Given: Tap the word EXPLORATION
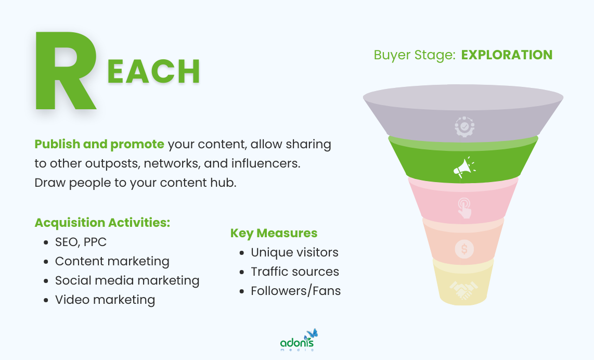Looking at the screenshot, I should (507, 55).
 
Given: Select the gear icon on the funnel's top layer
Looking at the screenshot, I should (464, 126).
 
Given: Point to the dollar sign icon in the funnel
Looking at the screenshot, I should (464, 249).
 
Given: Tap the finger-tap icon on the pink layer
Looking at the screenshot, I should (464, 208).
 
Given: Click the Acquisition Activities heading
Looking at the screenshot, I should (102, 223).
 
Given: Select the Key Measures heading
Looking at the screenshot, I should (274, 233).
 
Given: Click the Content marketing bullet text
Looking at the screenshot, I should (112, 261).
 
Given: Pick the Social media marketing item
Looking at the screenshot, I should (127, 280).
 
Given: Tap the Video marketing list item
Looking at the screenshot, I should (105, 300).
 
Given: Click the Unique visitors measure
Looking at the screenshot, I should (294, 252).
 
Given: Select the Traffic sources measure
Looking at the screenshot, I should (294, 272).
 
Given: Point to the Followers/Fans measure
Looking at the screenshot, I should (295, 291).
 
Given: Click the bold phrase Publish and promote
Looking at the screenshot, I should (99, 144).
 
